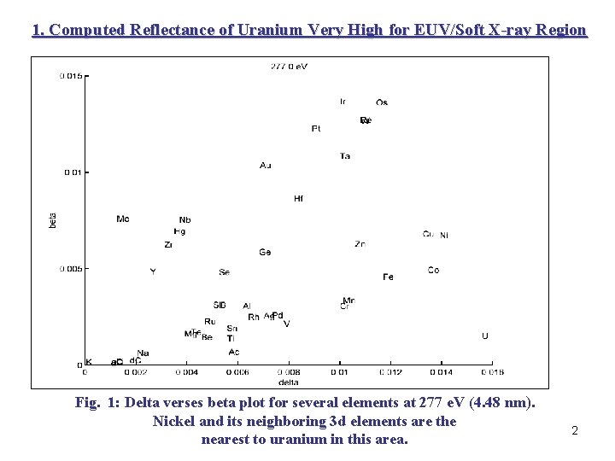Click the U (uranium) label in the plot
tap(485, 336)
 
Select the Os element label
tap(382, 103)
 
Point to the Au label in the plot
tap(266, 165)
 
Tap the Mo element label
tap(123, 219)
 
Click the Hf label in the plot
tap(298, 199)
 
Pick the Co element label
tap(434, 271)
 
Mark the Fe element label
tap(389, 277)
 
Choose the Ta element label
tap(345, 156)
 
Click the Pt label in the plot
tap(316, 129)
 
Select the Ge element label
tap(266, 253)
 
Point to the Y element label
tap(153, 271)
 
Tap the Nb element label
tap(185, 220)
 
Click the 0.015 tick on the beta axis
tap(71, 76)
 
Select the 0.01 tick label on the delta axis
tap(340, 372)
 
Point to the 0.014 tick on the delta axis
tap(441, 372)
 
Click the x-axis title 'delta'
tap(289, 382)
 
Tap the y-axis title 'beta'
tap(53, 219)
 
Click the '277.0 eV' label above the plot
tap(289, 66)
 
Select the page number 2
tap(575, 431)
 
